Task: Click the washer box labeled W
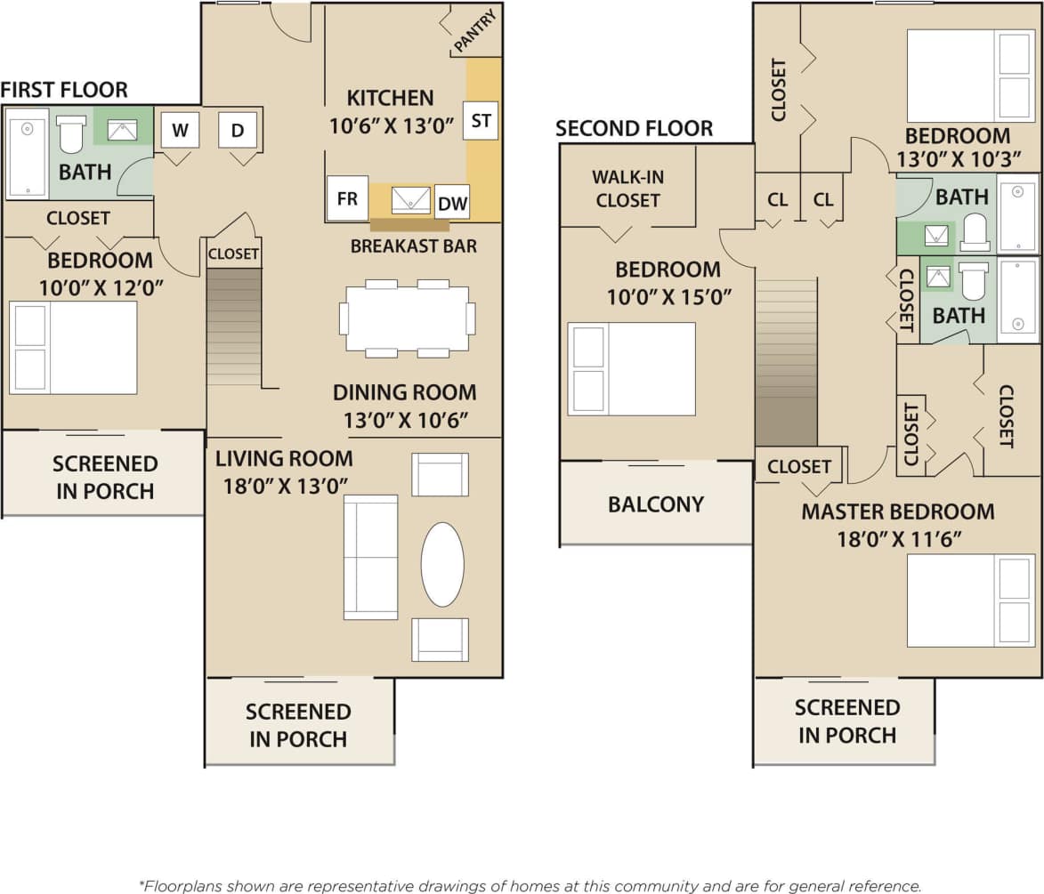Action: pyautogui.click(x=180, y=131)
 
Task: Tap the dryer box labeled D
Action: pyautogui.click(x=238, y=131)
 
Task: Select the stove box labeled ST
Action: pyautogui.click(x=481, y=120)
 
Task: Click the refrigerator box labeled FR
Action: pyautogui.click(x=347, y=198)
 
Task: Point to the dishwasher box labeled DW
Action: pyautogui.click(x=452, y=203)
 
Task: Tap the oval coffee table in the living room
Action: pyautogui.click(x=441, y=564)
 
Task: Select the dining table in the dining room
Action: pyautogui.click(x=408, y=318)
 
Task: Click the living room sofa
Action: pyautogui.click(x=370, y=557)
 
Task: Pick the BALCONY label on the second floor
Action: pyautogui.click(x=656, y=504)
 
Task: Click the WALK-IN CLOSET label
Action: pyautogui.click(x=627, y=189)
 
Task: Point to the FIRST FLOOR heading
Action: pyautogui.click(x=64, y=90)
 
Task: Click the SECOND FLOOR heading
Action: pyautogui.click(x=634, y=129)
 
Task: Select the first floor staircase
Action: pyautogui.click(x=234, y=326)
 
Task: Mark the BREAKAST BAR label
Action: pyautogui.click(x=413, y=246)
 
